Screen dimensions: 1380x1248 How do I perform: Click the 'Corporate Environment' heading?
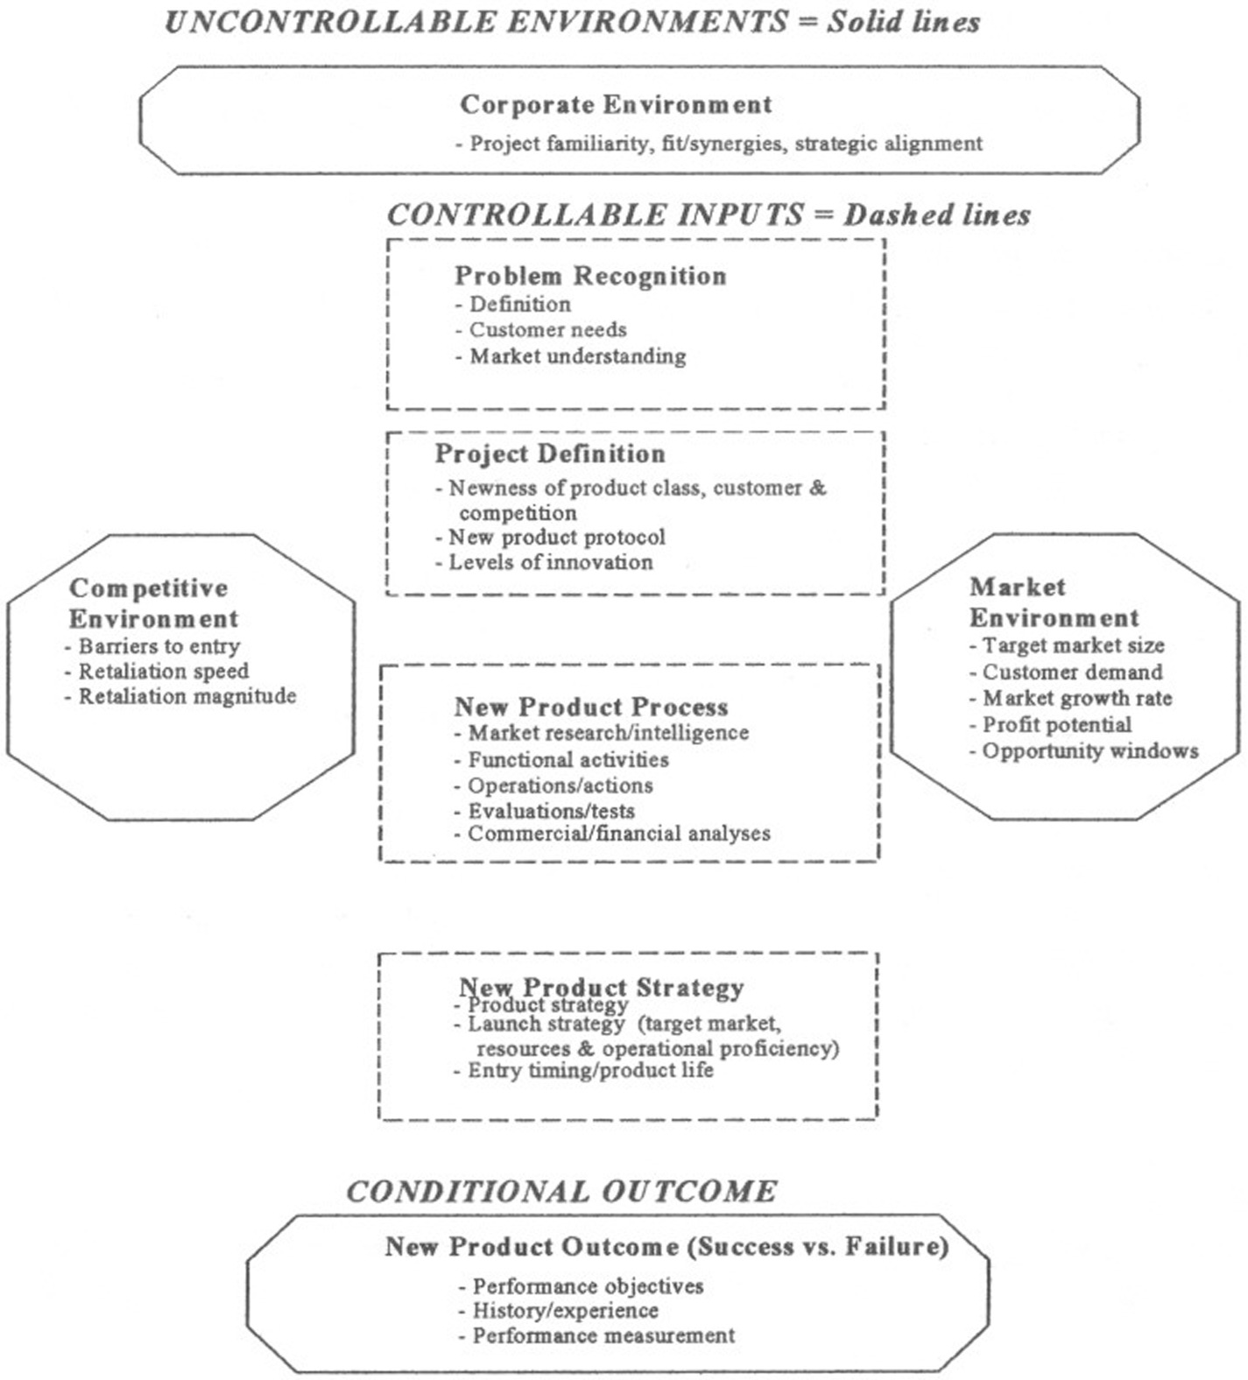(616, 105)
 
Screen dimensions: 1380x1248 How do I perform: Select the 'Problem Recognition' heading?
(590, 276)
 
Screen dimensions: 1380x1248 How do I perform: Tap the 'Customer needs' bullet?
(548, 330)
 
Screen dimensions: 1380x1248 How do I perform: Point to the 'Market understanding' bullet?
(578, 356)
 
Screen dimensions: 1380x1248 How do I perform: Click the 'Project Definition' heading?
(550, 454)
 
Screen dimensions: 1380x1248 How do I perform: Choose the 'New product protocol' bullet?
(557, 537)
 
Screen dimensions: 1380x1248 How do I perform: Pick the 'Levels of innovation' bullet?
(551, 562)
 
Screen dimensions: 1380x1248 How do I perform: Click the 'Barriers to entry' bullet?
(159, 646)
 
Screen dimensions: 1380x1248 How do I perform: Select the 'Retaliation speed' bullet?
(164, 672)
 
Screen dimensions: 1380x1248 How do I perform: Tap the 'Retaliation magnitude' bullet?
(187, 697)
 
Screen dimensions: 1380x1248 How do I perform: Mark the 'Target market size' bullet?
(1073, 645)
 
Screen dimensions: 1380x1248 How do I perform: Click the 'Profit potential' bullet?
(1056, 725)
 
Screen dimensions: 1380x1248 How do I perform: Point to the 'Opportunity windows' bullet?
(1089, 751)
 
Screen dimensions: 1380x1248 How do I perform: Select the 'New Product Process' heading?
(591, 707)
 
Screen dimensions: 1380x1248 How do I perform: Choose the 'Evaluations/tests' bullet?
(551, 811)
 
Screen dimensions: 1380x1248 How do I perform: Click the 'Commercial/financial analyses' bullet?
(618, 834)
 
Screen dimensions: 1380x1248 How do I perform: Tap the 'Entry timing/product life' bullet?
(590, 1070)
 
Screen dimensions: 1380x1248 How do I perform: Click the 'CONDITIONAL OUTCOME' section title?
(561, 1192)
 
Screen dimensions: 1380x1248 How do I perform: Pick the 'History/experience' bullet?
(565, 1311)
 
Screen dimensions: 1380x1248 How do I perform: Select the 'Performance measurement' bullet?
(603, 1336)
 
